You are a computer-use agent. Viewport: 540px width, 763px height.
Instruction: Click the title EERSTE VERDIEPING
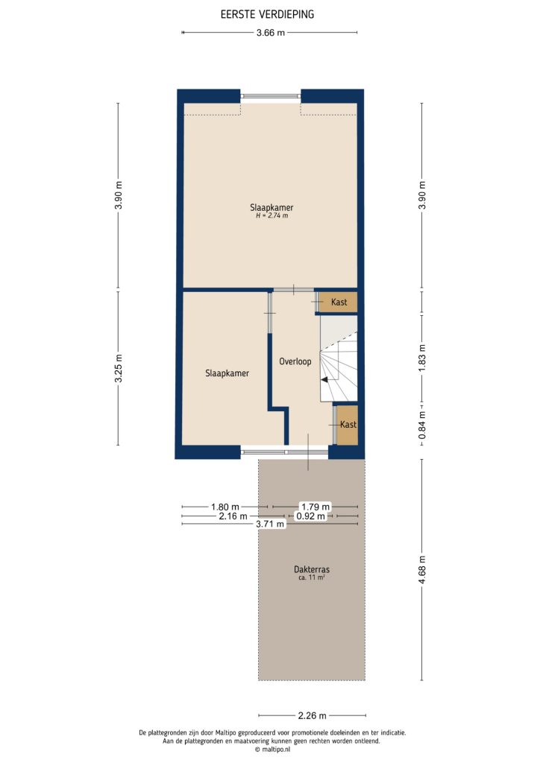tap(267, 13)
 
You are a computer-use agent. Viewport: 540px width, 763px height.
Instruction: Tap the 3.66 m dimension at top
tap(270, 32)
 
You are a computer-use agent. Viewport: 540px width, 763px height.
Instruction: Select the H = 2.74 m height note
tap(271, 216)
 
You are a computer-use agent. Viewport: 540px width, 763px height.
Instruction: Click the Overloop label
tap(295, 361)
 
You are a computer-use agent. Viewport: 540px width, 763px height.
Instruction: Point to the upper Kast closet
tap(338, 302)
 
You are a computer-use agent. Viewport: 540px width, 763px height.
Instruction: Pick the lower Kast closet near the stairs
tap(348, 424)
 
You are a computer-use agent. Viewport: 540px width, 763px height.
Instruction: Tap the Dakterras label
tap(312, 570)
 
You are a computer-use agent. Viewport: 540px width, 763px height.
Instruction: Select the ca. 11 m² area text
tap(312, 579)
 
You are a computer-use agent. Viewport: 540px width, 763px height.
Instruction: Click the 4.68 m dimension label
tap(423, 570)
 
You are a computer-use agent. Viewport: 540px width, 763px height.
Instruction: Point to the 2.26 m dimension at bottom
tap(312, 716)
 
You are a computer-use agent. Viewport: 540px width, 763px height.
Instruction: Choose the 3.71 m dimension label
tap(270, 524)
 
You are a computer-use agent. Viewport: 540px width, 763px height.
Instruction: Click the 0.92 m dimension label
tap(310, 516)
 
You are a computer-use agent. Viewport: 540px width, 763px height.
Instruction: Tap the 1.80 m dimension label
tap(225, 507)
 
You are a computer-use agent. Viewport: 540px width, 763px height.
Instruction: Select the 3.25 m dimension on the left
tap(118, 368)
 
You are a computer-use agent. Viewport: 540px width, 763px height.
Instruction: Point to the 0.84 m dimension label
tap(423, 425)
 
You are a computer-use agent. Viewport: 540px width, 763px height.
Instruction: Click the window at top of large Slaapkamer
tap(270, 96)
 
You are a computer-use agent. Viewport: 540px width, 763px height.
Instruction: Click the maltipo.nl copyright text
tap(270, 750)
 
